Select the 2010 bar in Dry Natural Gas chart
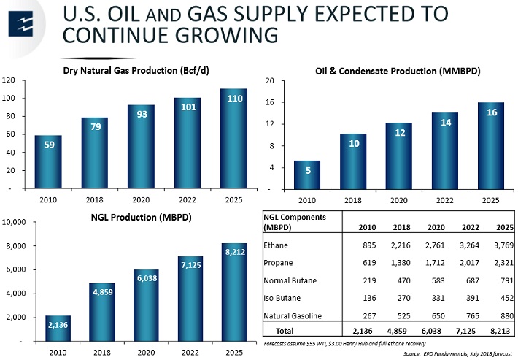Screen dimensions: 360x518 48,162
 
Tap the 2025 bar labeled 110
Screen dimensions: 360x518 234,139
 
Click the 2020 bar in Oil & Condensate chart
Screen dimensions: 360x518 399,156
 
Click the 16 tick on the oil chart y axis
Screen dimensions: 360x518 269,102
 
